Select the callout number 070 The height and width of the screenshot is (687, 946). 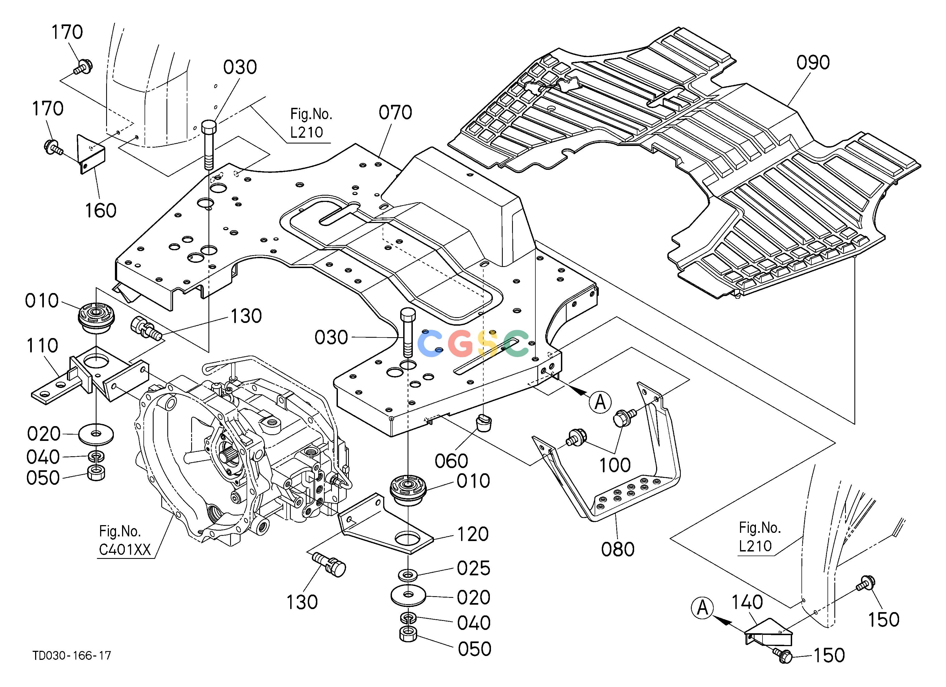(x=395, y=112)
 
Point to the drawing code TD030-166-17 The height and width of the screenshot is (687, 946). (x=72, y=656)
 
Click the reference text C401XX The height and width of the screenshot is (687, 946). (x=125, y=550)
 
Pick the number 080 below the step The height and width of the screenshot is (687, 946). (x=618, y=549)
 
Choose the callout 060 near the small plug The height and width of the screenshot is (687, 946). (x=451, y=461)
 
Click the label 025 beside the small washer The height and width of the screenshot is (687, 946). (x=473, y=568)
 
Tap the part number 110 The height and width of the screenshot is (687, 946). (x=42, y=345)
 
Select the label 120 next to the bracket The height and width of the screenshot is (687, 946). (x=473, y=534)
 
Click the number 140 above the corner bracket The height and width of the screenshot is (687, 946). (x=747, y=602)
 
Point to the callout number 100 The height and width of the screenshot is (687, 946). (x=615, y=465)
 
